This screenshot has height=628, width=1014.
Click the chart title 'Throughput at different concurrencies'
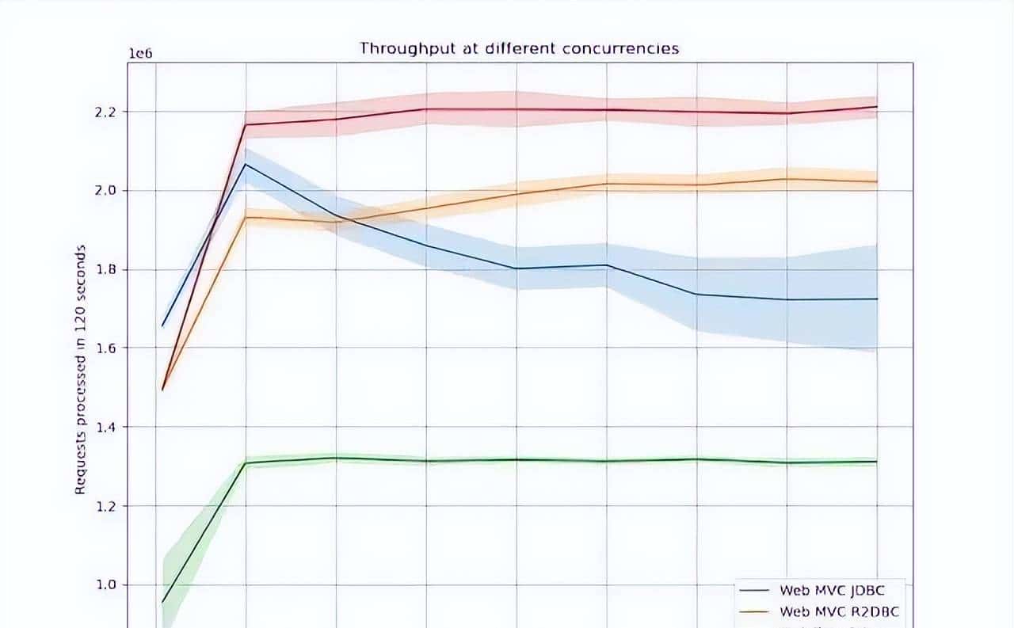coord(519,48)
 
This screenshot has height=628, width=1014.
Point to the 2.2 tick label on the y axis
coord(105,112)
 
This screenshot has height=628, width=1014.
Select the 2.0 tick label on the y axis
coord(105,191)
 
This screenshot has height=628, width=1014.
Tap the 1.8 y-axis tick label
coord(105,270)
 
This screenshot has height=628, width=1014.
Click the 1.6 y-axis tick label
coord(105,348)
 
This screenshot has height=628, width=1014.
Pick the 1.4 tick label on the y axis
coord(105,428)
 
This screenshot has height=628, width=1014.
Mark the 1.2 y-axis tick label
coord(105,506)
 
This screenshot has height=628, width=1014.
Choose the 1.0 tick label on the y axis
coord(105,585)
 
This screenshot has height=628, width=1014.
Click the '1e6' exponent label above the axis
coord(140,53)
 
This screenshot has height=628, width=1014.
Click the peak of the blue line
coord(246,165)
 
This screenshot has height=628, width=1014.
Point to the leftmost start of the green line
coord(162,603)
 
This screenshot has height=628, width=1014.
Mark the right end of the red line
coord(877,107)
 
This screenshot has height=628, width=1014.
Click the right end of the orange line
coord(877,181)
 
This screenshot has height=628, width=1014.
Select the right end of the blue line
coord(877,299)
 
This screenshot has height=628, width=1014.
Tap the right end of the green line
coord(877,462)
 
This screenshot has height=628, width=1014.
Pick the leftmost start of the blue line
coord(162,325)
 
